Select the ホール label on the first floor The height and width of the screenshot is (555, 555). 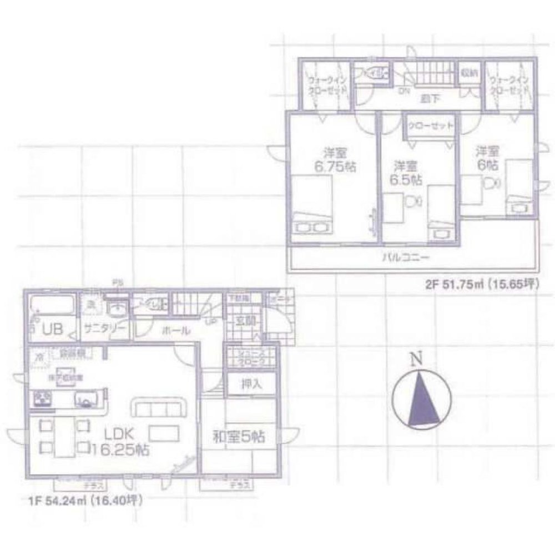177,331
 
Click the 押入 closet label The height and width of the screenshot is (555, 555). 250,384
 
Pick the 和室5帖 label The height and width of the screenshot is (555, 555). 239,437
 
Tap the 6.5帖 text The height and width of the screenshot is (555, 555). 407,180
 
